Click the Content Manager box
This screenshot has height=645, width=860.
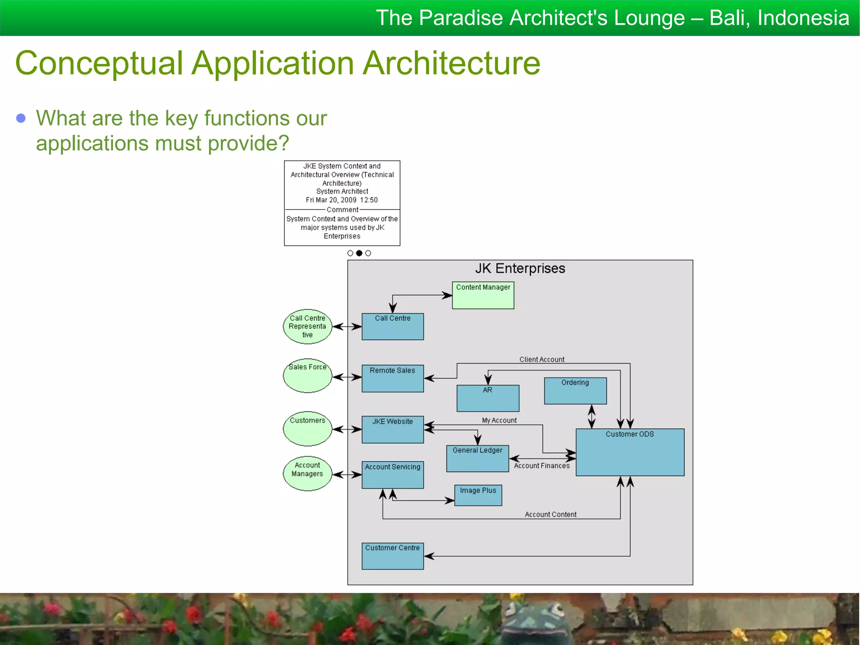point(483,295)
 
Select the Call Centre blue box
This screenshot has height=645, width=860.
point(393,327)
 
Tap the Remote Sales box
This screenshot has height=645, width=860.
point(393,378)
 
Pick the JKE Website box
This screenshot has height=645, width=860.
point(393,430)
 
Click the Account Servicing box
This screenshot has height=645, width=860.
point(393,475)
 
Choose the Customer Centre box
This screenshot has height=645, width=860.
point(393,556)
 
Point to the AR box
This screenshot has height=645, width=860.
point(488,398)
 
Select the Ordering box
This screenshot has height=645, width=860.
point(575,391)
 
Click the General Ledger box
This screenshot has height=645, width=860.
point(477,459)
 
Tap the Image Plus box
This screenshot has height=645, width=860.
point(478,495)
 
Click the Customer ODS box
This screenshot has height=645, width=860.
point(630,452)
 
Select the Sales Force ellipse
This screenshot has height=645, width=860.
point(307,376)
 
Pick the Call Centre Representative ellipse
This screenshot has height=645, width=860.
point(307,327)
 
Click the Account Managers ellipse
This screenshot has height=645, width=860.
point(307,473)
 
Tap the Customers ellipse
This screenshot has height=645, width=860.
point(307,428)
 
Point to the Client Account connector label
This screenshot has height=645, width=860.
point(542,359)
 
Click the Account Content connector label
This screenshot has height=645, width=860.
point(551,514)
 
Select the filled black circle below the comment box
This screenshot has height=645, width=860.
point(359,253)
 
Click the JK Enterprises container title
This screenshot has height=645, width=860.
point(520,268)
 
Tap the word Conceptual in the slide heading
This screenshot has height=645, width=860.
point(99,63)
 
